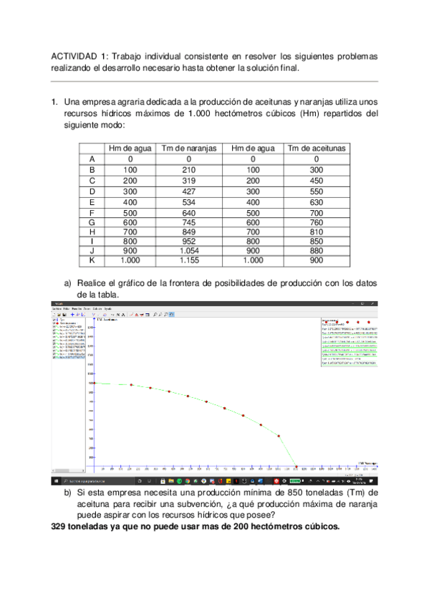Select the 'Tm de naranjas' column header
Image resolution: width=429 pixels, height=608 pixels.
coord(189,148)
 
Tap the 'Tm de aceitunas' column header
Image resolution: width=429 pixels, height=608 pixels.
coord(317,148)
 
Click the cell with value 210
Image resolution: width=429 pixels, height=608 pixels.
coord(189,170)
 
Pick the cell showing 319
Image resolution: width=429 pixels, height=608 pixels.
coord(189,181)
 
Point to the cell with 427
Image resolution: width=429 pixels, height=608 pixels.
coord(189,191)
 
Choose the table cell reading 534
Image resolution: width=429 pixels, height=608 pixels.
coord(189,202)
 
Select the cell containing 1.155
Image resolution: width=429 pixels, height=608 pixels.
coord(189,261)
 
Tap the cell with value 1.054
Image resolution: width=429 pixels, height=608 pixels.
coord(189,250)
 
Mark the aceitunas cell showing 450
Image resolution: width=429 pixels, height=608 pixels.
coord(317,181)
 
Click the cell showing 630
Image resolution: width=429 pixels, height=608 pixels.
coord(317,202)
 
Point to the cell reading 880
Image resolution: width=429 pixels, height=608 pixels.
coord(317,250)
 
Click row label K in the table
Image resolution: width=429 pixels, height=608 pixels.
coord(92,261)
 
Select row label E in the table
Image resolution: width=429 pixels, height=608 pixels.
coord(92,202)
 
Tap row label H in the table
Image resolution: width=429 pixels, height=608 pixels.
coord(92,232)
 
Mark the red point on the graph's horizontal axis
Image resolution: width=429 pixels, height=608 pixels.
coord(297,467)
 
